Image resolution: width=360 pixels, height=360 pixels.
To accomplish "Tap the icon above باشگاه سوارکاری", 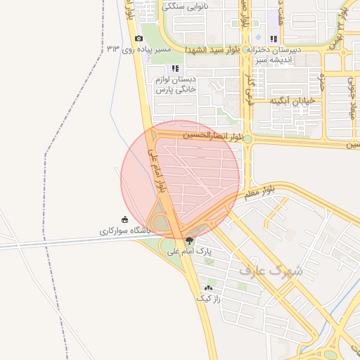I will coord(124,219).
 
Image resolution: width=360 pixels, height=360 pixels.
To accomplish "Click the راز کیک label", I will coord(209,298).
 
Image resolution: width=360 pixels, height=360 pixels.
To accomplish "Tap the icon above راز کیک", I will coord(208,288).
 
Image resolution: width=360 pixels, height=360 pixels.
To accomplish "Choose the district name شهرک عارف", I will coord(271,269).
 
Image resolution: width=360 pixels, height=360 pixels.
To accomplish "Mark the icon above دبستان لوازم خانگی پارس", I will coord(175,69).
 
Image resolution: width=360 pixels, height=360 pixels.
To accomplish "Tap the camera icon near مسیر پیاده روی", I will coord(139,38).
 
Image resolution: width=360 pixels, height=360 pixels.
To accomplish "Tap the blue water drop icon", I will coord(258,38).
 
